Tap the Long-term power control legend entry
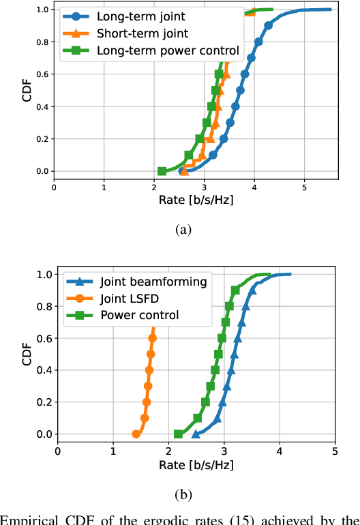coord(168,50)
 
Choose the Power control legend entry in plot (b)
coord(139,314)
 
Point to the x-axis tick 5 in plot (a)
coord(305,187)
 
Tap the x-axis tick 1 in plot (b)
coord(113,450)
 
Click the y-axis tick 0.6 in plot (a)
coord(42,74)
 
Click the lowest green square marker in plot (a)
coord(162,171)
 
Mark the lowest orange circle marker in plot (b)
coord(136,434)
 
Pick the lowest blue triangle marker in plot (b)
coord(196,434)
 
